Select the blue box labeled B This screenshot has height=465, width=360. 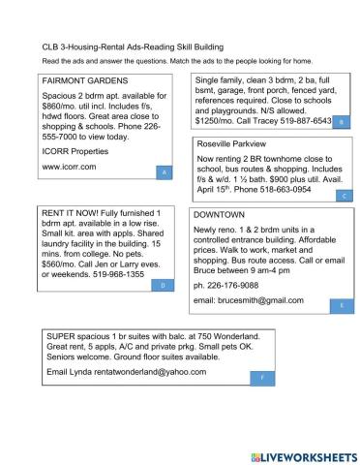coord(342,122)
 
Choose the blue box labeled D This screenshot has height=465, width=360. coord(165,285)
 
